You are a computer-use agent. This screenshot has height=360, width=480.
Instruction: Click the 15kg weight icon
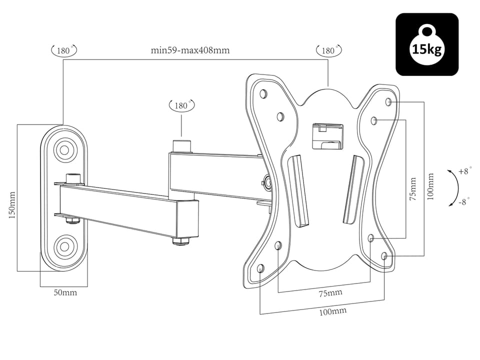427,44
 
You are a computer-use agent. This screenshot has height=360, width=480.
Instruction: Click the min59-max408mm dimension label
190,50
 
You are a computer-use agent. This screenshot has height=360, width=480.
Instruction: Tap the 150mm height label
13,204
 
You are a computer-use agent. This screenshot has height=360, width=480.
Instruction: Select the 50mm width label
65,292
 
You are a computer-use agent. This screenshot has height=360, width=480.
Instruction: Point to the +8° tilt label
464,171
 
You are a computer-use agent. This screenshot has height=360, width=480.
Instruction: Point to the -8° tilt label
464,202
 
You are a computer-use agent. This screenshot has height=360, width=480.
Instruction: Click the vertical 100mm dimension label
431,186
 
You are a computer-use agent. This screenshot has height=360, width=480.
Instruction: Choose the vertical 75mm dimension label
412,189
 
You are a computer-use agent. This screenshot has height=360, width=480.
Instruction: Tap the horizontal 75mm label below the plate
330,293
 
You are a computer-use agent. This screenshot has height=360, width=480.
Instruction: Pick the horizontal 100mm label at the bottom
333,311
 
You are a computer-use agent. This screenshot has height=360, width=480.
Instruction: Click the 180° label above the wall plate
64,50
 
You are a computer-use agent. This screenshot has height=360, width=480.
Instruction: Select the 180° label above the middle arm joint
182,105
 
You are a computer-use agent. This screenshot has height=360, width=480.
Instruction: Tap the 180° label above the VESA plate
328,50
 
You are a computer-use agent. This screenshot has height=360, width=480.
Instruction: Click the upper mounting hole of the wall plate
64,148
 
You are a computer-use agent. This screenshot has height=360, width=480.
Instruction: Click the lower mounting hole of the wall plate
64,245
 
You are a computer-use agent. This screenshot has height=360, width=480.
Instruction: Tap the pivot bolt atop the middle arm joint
182,146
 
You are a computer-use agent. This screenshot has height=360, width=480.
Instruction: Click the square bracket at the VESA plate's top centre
325,135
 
